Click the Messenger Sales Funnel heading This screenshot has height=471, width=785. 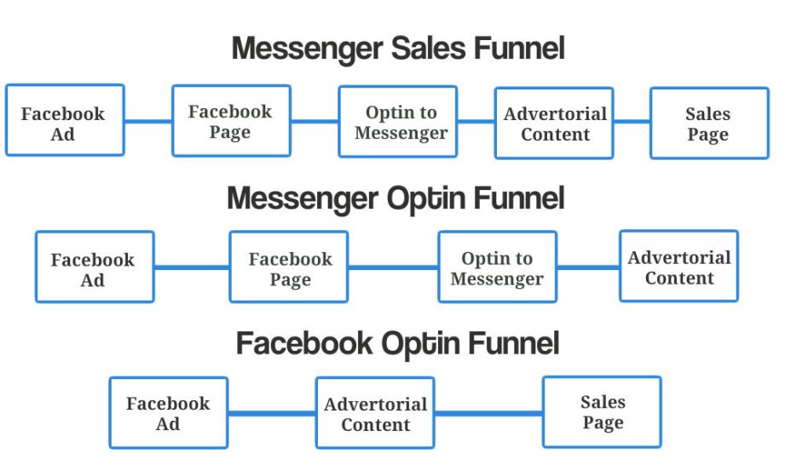point(398,49)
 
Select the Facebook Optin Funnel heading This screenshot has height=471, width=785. point(397,344)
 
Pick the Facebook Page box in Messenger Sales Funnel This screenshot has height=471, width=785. point(231,121)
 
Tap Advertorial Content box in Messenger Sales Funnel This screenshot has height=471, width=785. point(554,123)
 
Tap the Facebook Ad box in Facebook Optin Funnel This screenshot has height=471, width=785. point(168,412)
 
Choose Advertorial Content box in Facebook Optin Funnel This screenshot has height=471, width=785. point(375,412)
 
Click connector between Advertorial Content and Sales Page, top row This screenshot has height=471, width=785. point(632,121)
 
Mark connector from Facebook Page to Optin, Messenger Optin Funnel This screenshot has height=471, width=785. point(393,267)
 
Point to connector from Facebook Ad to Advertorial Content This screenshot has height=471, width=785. point(272,413)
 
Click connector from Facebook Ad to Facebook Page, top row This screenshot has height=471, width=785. point(148,121)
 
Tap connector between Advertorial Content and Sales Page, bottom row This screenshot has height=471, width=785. point(488,413)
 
